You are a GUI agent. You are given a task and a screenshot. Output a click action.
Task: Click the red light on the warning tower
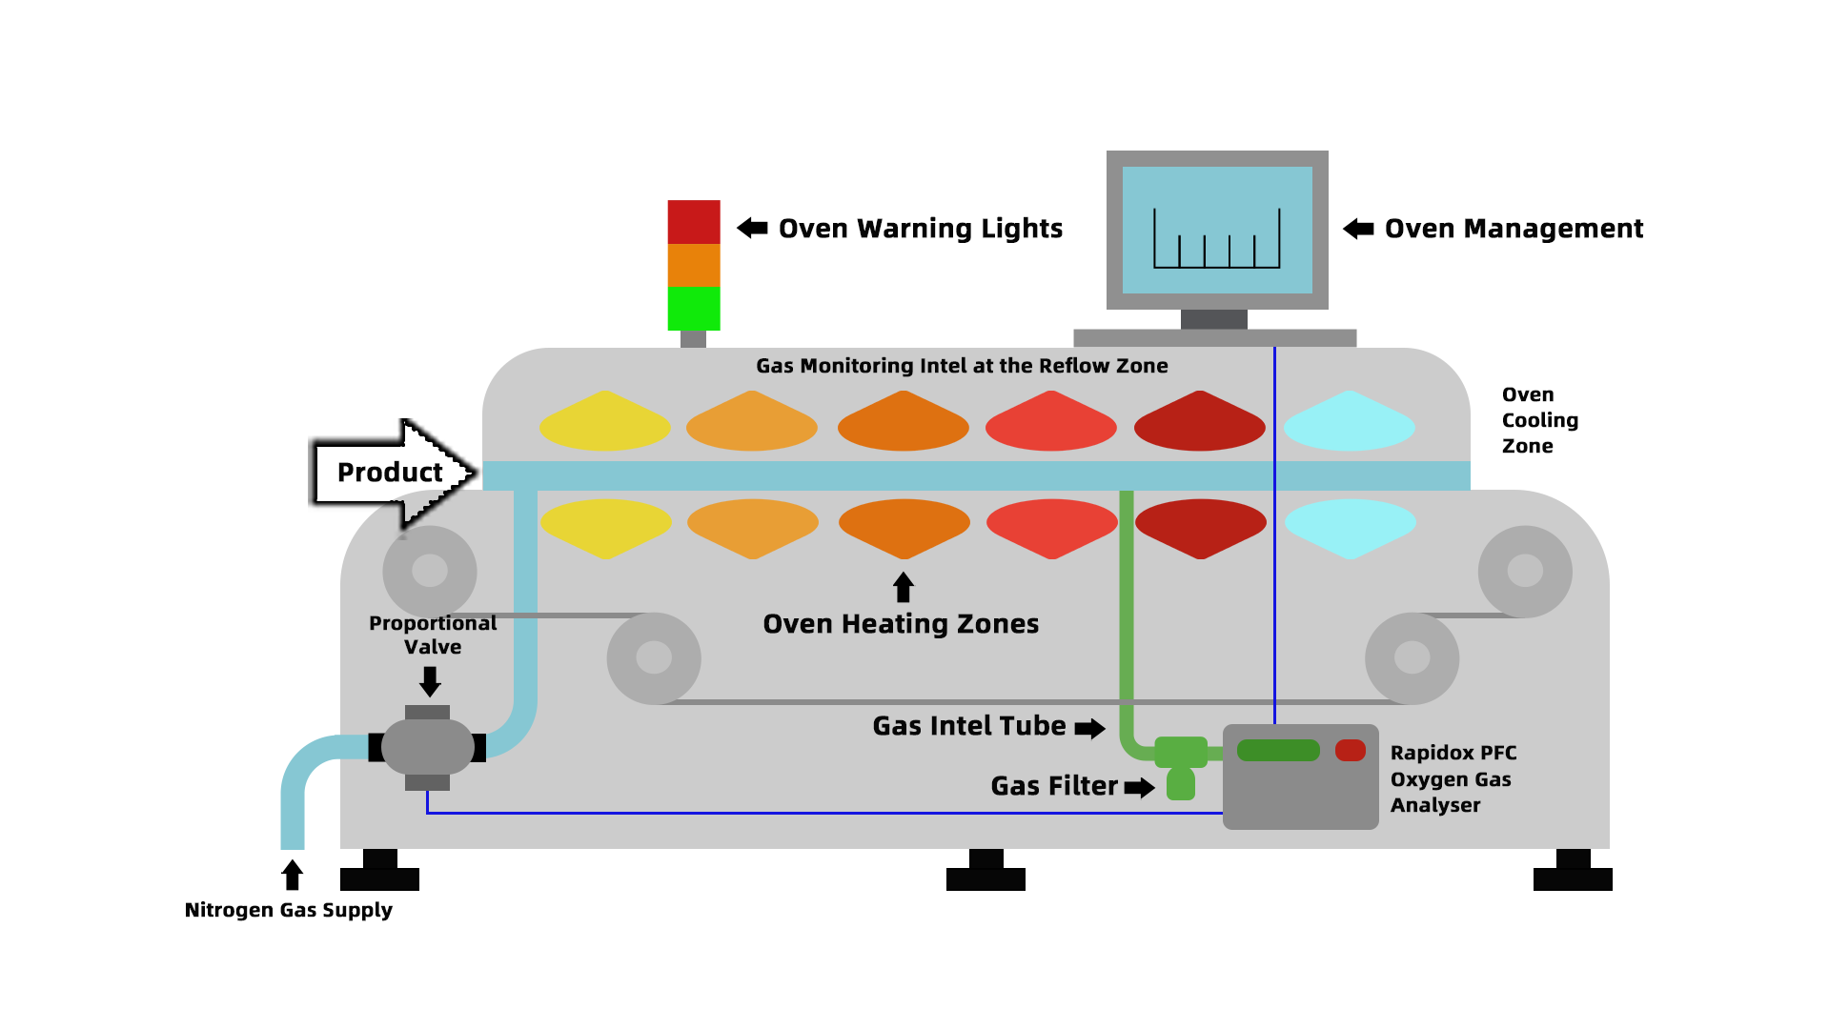[693, 221]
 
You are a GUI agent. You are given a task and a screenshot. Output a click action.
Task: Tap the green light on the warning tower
[693, 308]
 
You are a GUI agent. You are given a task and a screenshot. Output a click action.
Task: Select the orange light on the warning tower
[693, 265]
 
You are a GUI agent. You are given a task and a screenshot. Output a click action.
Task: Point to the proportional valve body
[427, 747]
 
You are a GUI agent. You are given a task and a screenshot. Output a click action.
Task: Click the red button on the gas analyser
[1350, 751]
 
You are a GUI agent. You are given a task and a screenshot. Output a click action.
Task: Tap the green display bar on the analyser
[1277, 751]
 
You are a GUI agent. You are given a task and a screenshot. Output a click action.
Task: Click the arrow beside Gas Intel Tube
[1089, 729]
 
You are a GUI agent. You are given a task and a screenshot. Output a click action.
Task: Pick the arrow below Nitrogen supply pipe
[293, 875]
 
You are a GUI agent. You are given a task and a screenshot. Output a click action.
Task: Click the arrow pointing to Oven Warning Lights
[752, 228]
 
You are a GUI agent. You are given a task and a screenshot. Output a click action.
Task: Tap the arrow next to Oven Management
[1358, 229]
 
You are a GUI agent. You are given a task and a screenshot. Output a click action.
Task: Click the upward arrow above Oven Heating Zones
[904, 587]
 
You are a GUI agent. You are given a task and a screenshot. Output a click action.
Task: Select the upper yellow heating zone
[604, 422]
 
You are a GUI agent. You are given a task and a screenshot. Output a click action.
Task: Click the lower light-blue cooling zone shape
[1350, 527]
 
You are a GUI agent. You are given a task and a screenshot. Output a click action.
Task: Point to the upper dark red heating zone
[1199, 422]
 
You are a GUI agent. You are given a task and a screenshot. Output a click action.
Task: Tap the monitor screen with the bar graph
[1217, 230]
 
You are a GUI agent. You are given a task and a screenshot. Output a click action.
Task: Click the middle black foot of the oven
[986, 871]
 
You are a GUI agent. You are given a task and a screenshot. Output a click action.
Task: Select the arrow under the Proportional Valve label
[430, 681]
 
